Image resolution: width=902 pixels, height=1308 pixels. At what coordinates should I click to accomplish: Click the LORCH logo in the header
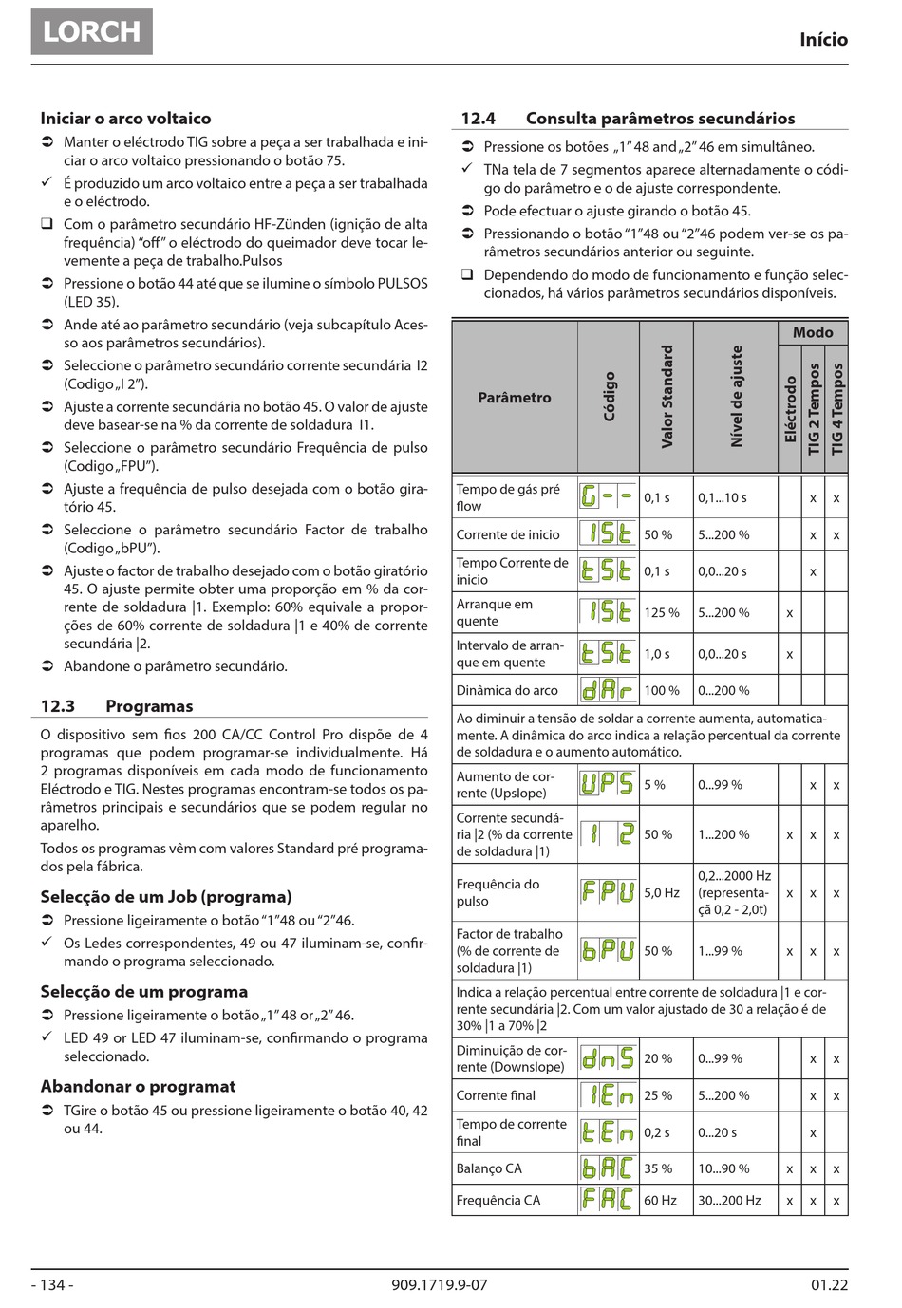click(x=91, y=31)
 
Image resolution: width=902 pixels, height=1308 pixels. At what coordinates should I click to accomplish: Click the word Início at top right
click(x=823, y=40)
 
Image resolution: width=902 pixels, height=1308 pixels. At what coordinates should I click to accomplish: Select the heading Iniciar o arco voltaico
click(x=125, y=119)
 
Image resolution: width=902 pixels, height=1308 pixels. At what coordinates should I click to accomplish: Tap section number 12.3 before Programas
click(x=57, y=706)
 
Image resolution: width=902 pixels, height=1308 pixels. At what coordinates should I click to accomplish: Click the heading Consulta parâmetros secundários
click(x=660, y=119)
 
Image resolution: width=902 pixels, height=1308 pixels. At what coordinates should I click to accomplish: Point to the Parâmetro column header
click(x=514, y=398)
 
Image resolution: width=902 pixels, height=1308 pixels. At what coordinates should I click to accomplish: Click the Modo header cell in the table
click(x=813, y=332)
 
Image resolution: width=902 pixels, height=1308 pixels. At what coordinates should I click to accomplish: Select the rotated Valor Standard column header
click(x=667, y=397)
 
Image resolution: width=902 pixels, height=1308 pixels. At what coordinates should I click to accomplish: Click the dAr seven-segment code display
click(x=607, y=690)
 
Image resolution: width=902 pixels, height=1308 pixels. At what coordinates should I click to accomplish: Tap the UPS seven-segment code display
click(x=607, y=784)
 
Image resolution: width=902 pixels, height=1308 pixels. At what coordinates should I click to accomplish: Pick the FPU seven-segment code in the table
click(x=607, y=892)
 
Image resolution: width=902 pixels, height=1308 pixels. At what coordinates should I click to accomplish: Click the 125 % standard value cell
click(x=662, y=613)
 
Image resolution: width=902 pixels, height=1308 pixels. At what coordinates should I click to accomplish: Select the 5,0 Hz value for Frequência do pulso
click(x=662, y=892)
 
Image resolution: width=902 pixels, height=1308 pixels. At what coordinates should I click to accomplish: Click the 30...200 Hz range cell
click(x=729, y=1201)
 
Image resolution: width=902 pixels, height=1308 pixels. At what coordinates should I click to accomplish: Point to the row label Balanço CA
click(x=488, y=1168)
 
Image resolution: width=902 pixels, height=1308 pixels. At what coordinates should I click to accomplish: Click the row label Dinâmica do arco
click(x=507, y=691)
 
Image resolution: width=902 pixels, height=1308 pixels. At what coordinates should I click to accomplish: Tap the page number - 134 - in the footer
click(x=52, y=1285)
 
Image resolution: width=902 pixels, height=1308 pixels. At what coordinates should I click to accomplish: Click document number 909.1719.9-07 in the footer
click(x=439, y=1285)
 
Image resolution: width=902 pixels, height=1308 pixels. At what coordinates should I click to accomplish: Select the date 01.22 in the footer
click(x=829, y=1285)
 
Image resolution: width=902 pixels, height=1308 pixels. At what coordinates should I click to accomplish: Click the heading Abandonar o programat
click(x=138, y=1087)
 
